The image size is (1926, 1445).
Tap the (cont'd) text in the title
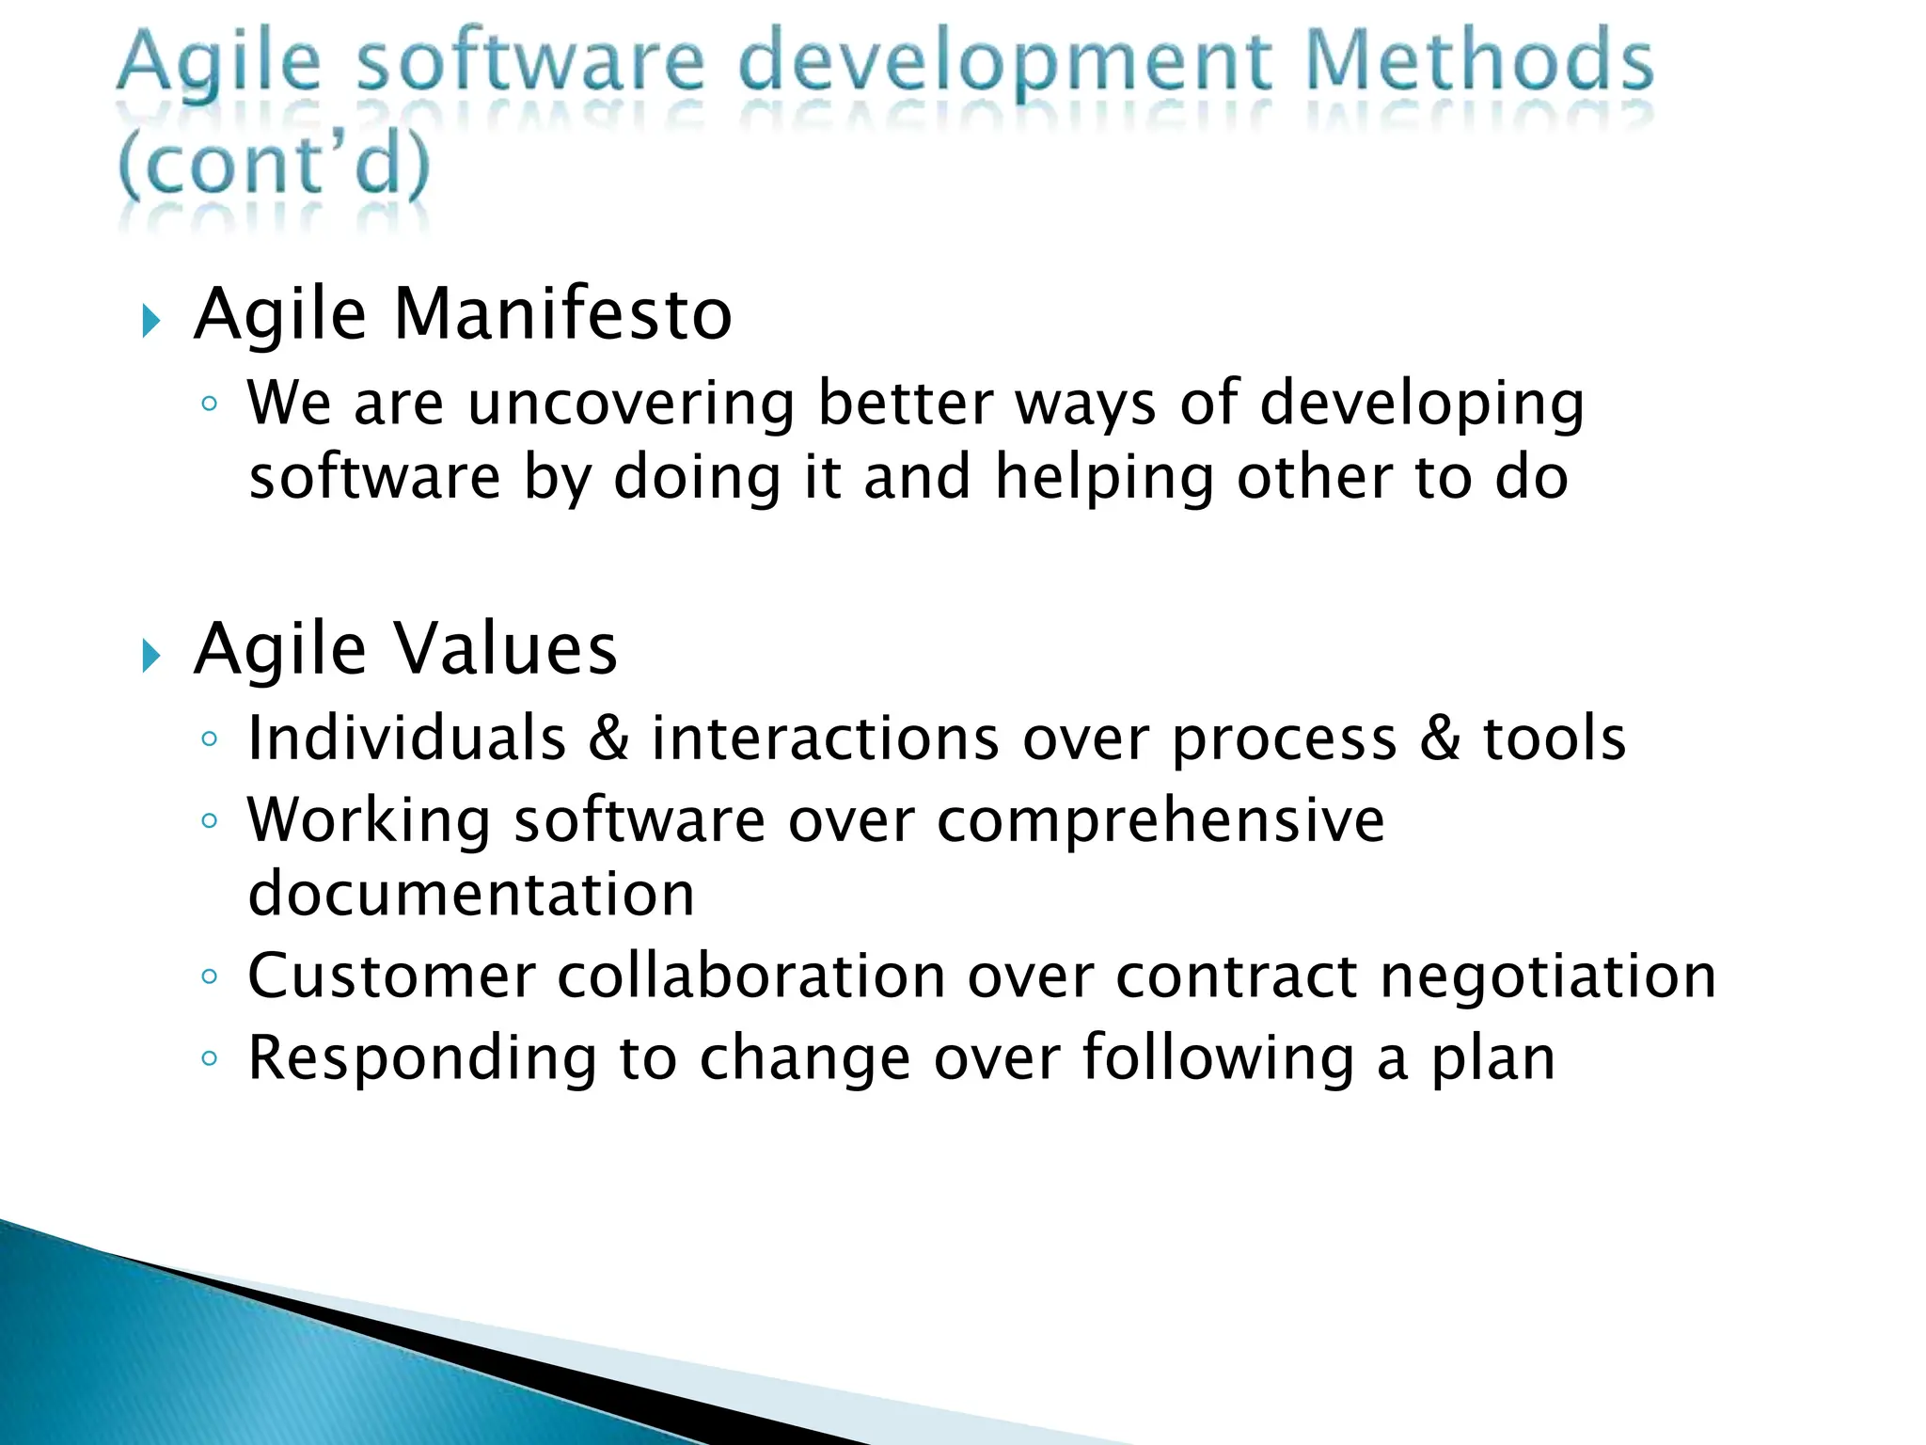[x=274, y=165]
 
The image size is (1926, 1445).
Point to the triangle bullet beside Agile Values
[x=150, y=656]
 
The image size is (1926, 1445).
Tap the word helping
[x=1104, y=478]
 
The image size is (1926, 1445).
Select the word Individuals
[x=406, y=738]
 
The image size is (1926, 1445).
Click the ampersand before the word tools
[x=1440, y=738]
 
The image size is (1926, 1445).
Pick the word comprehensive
[x=1160, y=821]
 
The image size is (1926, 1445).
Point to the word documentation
[x=471, y=894]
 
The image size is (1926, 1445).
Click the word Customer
[x=391, y=977]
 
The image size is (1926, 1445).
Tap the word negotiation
[x=1548, y=977]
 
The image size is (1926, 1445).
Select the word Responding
[x=421, y=1059]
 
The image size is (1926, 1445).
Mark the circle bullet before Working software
[x=210, y=821]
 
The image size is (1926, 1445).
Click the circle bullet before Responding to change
[x=210, y=1059]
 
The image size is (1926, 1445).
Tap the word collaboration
[x=751, y=977]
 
